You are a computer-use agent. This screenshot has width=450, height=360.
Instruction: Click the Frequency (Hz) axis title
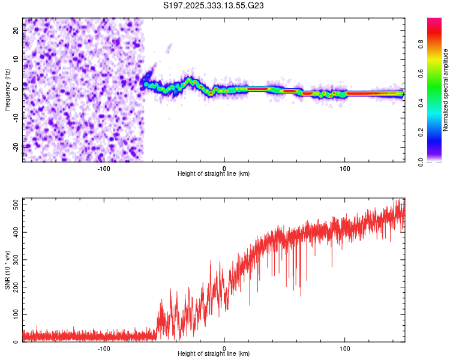[x=7, y=90]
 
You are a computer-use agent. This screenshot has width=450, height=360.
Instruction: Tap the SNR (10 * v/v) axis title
[x=7, y=269]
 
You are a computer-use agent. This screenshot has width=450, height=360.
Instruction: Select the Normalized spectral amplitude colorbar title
[x=446, y=90]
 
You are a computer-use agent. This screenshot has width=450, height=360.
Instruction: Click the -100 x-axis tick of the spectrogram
[x=104, y=167]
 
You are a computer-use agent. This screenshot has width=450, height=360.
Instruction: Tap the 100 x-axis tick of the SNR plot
[x=345, y=348]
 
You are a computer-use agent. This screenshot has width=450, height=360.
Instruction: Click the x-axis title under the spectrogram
[x=214, y=174]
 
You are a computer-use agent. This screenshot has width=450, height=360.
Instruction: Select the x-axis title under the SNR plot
[x=214, y=355]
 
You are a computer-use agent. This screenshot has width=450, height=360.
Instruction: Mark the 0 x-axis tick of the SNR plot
[x=224, y=348]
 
